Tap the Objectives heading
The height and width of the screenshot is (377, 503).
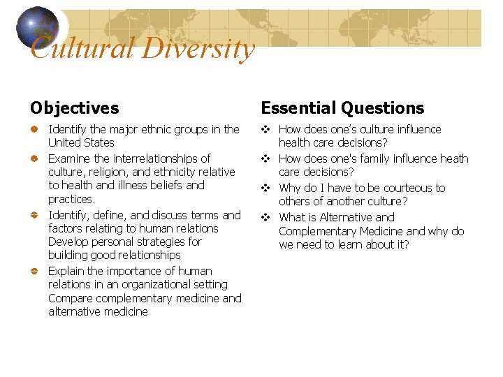point(74,108)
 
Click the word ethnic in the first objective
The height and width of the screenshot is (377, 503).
point(163,129)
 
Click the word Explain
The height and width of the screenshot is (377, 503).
point(66,271)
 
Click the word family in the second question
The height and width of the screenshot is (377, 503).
point(374,158)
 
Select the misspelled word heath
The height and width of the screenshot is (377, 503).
point(454,158)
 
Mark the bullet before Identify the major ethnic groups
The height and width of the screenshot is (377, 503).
point(34,130)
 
